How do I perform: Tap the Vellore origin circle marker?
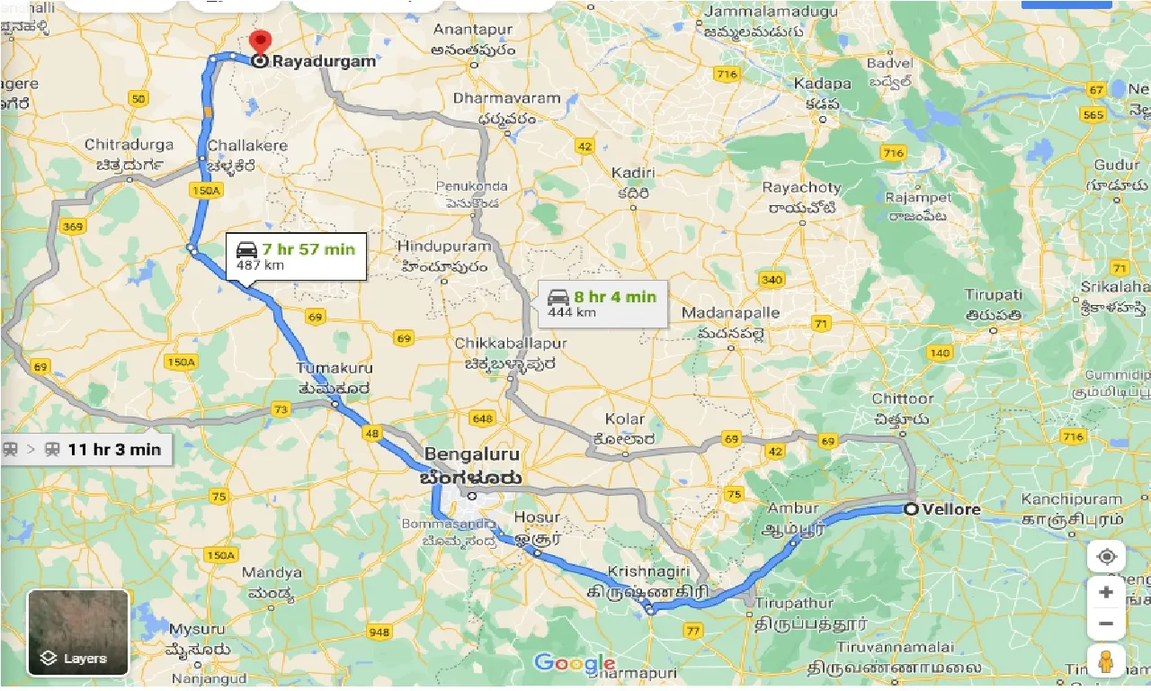911,509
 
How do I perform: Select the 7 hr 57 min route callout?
296,256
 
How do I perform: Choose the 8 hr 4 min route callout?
602,303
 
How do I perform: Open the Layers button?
78,633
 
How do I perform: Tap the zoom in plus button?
1106,593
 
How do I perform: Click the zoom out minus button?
1106,624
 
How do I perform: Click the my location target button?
1106,556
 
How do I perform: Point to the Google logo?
574,664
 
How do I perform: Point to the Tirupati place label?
994,295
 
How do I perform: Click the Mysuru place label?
196,628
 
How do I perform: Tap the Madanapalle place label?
729,312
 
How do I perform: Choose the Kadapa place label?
822,84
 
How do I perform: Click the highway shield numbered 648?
482,418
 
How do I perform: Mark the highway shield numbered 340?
771,280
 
